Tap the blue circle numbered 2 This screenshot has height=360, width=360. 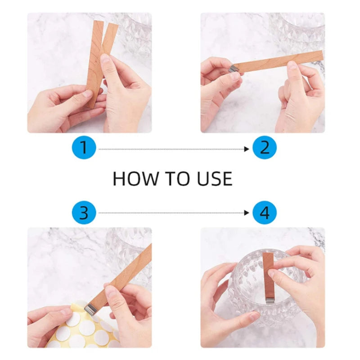tap(265, 148)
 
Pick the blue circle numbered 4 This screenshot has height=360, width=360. tap(265, 212)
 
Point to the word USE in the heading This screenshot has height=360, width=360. tap(215, 179)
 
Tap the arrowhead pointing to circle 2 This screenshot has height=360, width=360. tap(246, 148)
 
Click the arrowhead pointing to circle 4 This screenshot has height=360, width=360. tap(246, 213)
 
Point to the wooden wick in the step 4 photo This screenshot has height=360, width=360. tap(268, 272)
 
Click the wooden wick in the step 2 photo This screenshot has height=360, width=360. tap(279, 62)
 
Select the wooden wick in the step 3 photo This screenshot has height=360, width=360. tap(126, 274)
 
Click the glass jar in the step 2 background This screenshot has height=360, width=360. tap(297, 29)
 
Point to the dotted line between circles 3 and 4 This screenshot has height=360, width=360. tap(171, 213)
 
